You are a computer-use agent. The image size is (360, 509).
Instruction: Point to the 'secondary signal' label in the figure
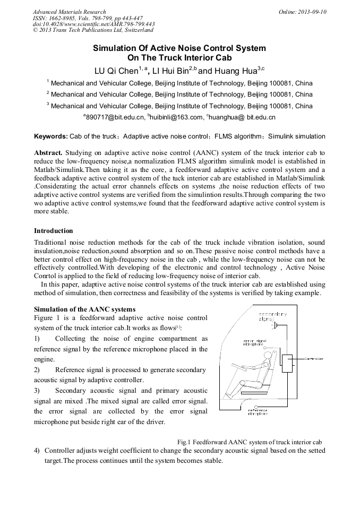(273, 316)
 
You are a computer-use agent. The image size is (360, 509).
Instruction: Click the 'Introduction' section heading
(54, 231)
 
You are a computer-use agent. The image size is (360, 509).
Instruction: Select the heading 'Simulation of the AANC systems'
(84, 309)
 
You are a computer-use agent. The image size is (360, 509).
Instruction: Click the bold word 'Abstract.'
(48, 152)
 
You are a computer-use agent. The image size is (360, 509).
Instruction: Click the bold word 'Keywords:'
(51, 136)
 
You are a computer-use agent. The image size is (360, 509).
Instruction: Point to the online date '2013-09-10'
(312, 12)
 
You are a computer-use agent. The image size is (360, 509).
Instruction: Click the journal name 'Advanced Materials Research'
(69, 12)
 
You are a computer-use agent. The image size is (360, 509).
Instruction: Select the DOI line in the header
(93, 24)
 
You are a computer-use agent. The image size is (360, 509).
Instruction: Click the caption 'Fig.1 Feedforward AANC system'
(250, 442)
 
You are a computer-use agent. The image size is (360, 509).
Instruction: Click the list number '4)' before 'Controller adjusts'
(37, 451)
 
